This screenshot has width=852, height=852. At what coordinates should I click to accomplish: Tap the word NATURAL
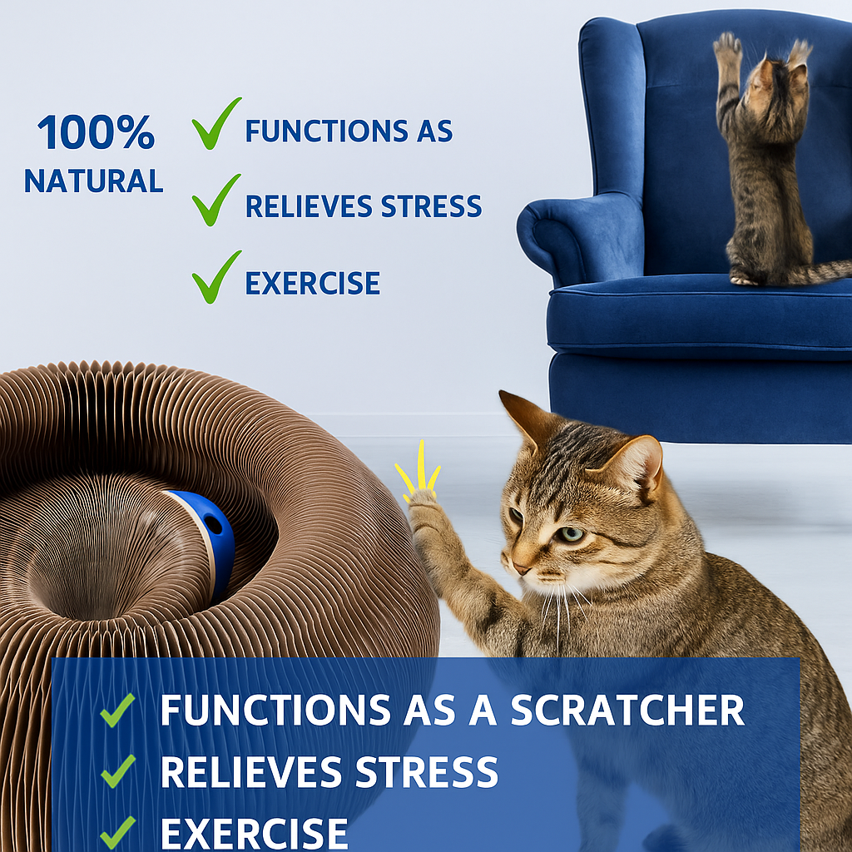[x=93, y=181]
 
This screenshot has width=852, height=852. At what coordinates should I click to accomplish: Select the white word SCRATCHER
[x=627, y=710]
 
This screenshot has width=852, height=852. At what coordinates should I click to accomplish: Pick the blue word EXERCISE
[x=312, y=284]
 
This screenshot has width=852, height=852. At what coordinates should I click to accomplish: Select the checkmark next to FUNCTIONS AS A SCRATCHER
[x=117, y=710]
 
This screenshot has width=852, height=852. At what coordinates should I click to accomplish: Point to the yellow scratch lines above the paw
[x=419, y=469]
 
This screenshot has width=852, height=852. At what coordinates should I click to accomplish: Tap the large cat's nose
[x=520, y=568]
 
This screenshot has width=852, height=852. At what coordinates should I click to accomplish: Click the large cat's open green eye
[x=571, y=533]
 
